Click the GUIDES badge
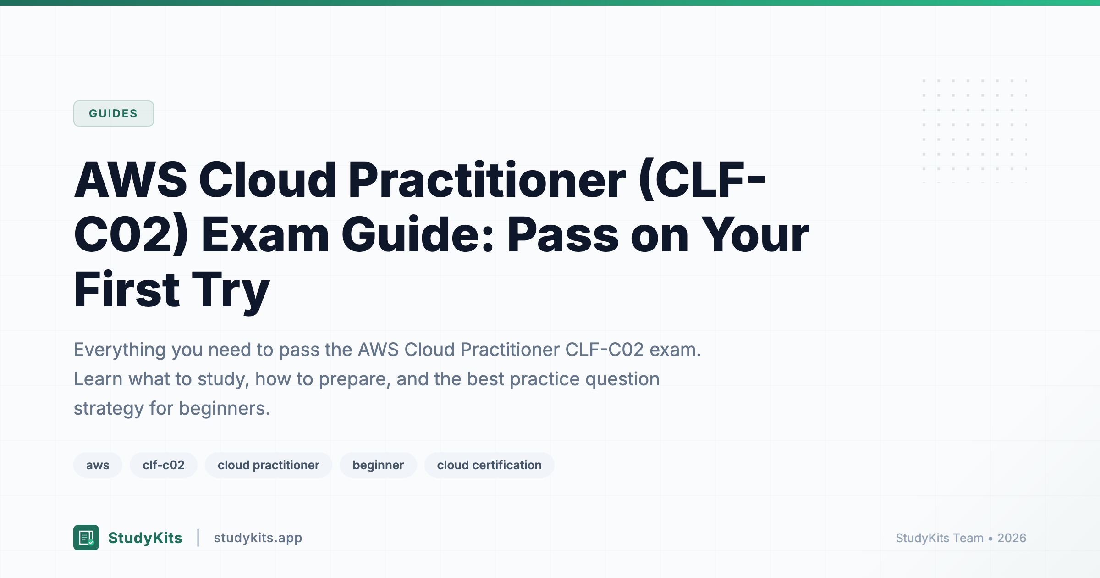113,113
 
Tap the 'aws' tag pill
98,465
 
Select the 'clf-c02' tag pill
163,465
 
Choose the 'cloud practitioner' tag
268,465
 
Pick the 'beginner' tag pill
378,465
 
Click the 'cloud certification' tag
489,465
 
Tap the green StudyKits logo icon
86,538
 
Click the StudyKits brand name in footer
145,538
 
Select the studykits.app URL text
258,538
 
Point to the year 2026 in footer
1012,538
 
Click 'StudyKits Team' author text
940,538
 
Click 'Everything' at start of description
120,350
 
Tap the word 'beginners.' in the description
225,408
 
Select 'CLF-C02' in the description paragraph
604,350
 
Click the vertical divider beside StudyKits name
198,538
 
